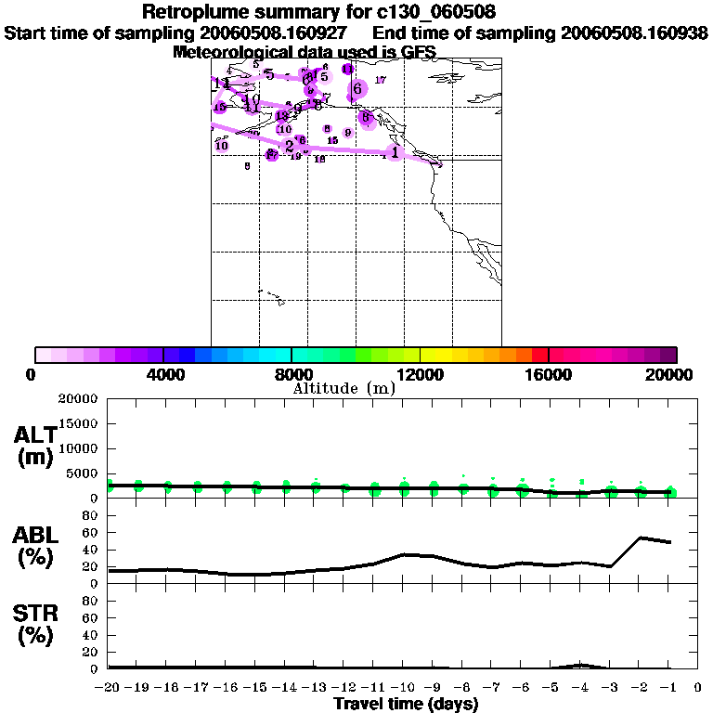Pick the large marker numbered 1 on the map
click(x=395, y=152)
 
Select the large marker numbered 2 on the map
click(x=290, y=146)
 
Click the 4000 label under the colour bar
click(x=163, y=375)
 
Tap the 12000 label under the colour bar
click(x=421, y=375)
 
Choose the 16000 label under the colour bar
click(x=550, y=375)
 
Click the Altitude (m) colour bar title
click(x=344, y=388)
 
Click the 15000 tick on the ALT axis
click(x=80, y=423)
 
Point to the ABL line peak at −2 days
click(x=640, y=538)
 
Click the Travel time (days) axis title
click(x=406, y=705)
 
